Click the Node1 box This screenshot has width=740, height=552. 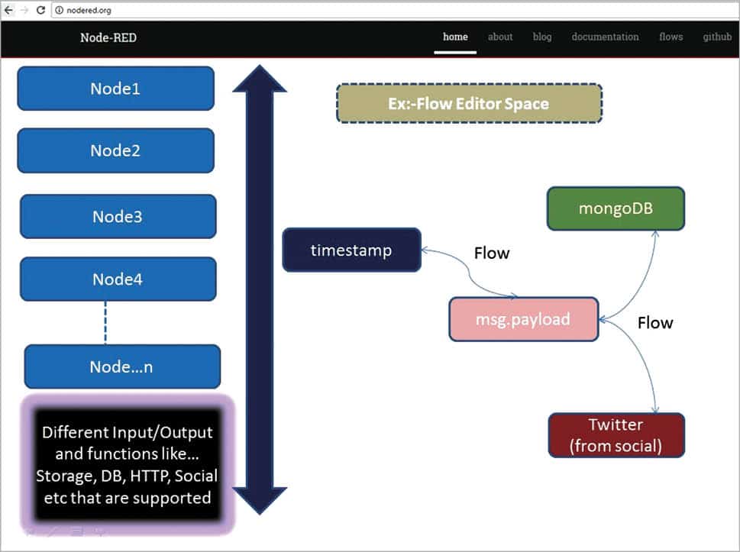[x=115, y=89]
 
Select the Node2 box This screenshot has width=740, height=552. [x=115, y=150]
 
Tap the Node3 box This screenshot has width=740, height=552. [x=118, y=217]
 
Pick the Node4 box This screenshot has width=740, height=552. [x=118, y=279]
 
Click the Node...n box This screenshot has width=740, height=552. [x=122, y=366]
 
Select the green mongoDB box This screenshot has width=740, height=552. [x=616, y=208]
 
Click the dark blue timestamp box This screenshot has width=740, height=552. [x=351, y=250]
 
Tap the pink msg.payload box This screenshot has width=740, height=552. [x=523, y=318]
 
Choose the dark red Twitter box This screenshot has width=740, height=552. [x=616, y=435]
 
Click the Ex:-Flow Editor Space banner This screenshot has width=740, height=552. [x=469, y=104]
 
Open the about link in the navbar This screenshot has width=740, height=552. [x=500, y=37]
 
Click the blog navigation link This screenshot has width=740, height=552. [x=542, y=37]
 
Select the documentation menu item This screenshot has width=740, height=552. [x=605, y=37]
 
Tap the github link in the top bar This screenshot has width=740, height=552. [x=717, y=37]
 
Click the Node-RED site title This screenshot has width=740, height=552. [x=108, y=37]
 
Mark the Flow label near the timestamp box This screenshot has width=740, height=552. [x=491, y=253]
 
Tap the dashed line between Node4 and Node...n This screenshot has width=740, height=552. [x=105, y=322]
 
